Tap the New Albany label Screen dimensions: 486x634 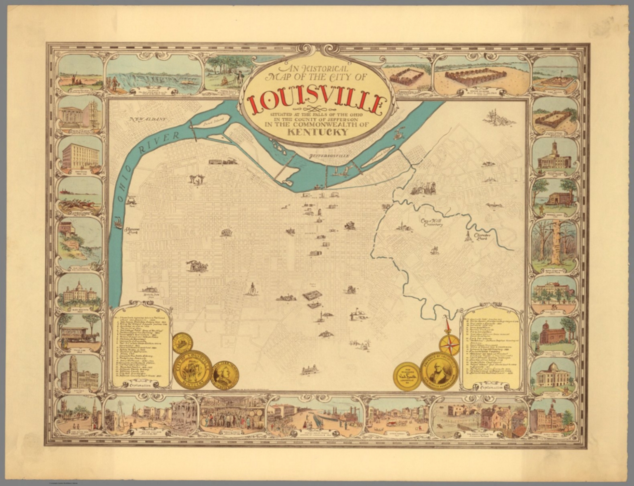click(147, 120)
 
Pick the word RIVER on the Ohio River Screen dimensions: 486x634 click(154, 143)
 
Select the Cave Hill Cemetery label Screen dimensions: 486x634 click(431, 223)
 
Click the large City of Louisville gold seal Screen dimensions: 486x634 click(192, 370)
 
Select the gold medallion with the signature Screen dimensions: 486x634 click(407, 376)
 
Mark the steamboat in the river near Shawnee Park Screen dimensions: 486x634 click(118, 223)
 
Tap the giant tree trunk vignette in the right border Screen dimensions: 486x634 click(554, 245)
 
